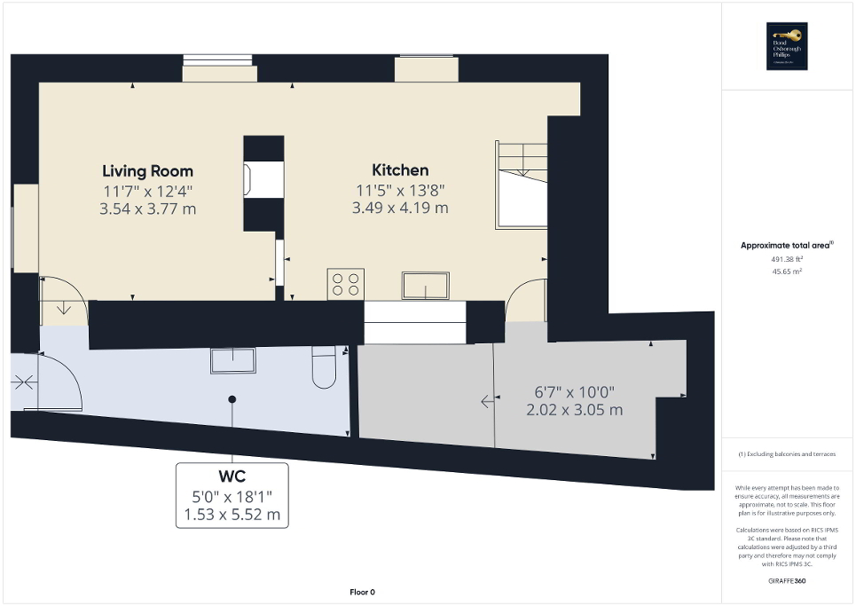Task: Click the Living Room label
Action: (x=147, y=170)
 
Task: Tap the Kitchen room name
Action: (x=400, y=169)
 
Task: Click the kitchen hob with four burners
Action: (x=345, y=284)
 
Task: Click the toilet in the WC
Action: (x=324, y=367)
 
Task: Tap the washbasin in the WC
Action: (x=232, y=360)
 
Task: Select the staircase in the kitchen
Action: (x=522, y=184)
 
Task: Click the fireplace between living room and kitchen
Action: (x=263, y=181)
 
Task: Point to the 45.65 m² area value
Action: (x=787, y=272)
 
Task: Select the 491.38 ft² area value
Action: (x=787, y=259)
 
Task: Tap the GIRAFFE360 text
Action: (x=787, y=580)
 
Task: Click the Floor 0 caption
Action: (x=362, y=592)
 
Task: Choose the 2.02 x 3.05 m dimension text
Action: (x=574, y=410)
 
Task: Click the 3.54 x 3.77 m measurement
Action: (x=147, y=209)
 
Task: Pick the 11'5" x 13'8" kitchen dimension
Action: (x=400, y=190)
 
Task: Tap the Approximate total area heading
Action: (x=787, y=245)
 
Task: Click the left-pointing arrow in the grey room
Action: (x=487, y=402)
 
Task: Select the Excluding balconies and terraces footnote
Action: (x=787, y=453)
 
